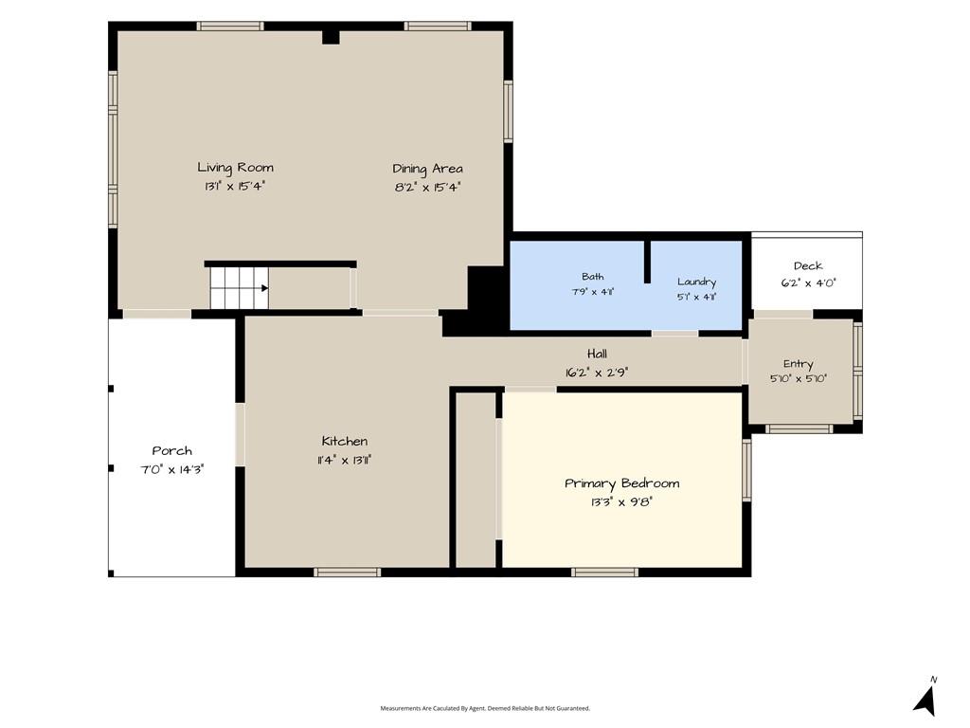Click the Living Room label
click(x=235, y=167)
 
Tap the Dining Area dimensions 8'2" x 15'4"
click(x=428, y=187)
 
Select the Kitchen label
click(x=345, y=441)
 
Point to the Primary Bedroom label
click(x=621, y=483)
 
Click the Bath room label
click(x=593, y=277)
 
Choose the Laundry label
click(x=696, y=282)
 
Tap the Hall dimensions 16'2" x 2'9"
click(x=597, y=373)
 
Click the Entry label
click(x=798, y=364)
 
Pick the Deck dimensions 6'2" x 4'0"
click(x=809, y=282)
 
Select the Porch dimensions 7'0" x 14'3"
click(x=172, y=469)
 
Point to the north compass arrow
click(x=925, y=700)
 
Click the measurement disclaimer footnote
click(x=485, y=708)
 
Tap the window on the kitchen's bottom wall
click(x=347, y=573)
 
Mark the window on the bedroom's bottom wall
click(x=604, y=573)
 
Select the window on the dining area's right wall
click(x=508, y=112)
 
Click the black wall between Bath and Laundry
click(x=647, y=262)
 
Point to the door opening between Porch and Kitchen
click(x=240, y=434)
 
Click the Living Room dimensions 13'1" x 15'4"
click(x=235, y=186)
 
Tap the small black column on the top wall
click(x=331, y=37)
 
